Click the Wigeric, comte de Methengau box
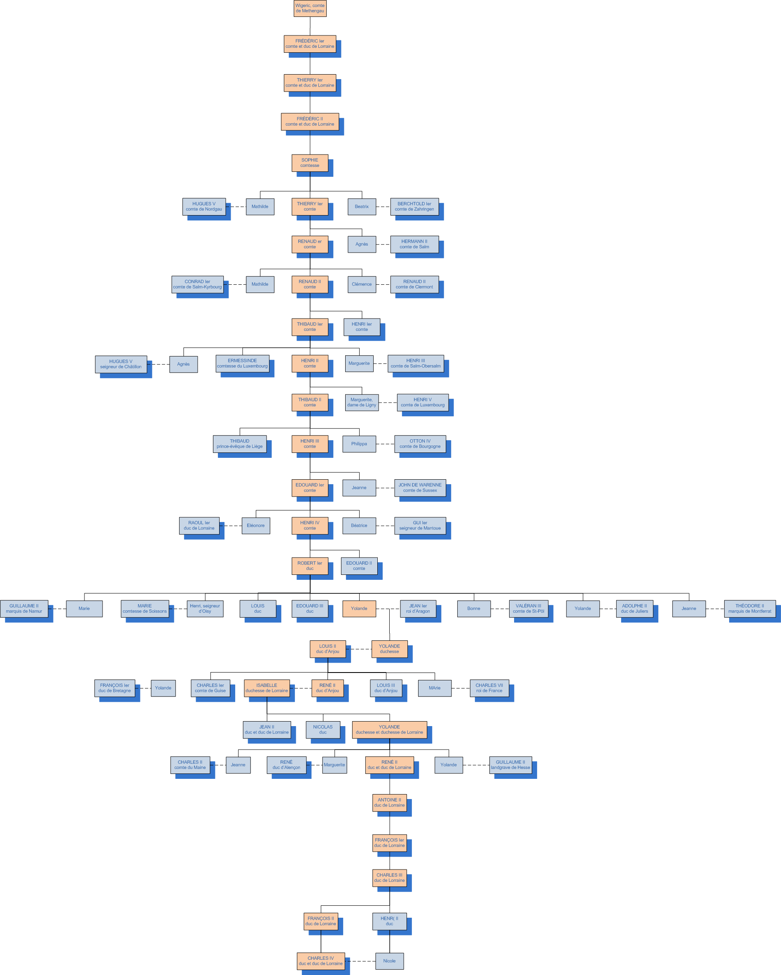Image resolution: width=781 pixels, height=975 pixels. coord(310,8)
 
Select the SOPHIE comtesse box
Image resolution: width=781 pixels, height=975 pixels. coord(310,163)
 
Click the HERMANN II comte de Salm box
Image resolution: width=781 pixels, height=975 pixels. coord(414,244)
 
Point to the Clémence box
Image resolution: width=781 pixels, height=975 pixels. coord(362,284)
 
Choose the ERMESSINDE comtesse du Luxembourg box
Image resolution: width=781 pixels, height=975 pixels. coord(242,363)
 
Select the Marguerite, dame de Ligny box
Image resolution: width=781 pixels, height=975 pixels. coord(362,403)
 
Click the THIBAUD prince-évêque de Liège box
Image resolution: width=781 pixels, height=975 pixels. coord(240,444)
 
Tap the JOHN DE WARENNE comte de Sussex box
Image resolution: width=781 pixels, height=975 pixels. coord(420,487)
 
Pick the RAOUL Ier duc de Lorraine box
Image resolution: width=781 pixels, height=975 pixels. coord(199,525)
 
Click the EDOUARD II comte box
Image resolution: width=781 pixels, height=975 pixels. coord(359,566)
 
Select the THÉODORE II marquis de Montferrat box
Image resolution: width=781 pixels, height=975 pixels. coord(750,609)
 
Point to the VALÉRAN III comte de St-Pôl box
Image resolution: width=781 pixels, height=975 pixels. coord(528,609)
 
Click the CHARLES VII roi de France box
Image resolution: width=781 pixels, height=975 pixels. coord(489,688)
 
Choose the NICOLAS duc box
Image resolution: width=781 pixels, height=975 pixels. coord(323,729)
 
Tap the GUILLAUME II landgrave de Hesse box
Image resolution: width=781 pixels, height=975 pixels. coord(510,765)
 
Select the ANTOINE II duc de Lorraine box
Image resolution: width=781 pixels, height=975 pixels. coord(389,802)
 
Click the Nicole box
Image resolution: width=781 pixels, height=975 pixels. coord(389,961)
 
